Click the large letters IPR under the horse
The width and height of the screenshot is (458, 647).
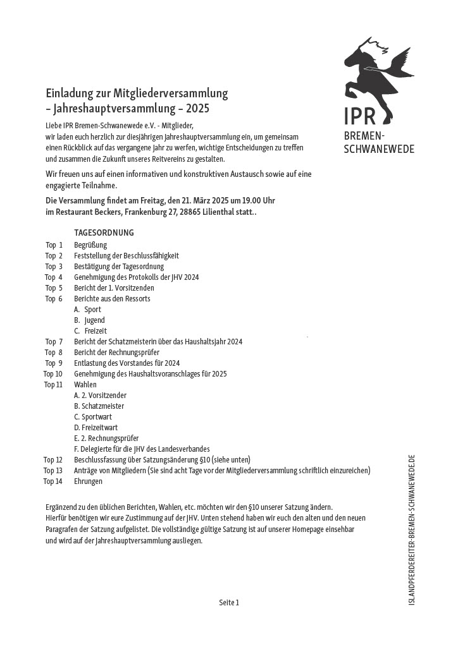[x=360, y=117]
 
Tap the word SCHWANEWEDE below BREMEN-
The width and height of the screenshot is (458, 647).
[x=379, y=149]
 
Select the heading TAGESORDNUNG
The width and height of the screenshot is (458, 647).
[x=104, y=233]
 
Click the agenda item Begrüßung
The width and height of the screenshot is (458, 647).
[x=90, y=245]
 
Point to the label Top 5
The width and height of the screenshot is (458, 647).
[x=54, y=288]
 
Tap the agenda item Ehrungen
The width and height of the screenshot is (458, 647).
[x=88, y=481]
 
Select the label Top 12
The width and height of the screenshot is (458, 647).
[x=53, y=460]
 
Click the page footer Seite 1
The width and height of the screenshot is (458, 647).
[x=229, y=603]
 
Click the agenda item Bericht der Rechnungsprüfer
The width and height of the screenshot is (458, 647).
[x=116, y=353]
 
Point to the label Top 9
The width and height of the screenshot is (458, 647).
[x=54, y=363]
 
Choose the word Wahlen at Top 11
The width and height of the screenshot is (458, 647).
[x=85, y=385]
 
